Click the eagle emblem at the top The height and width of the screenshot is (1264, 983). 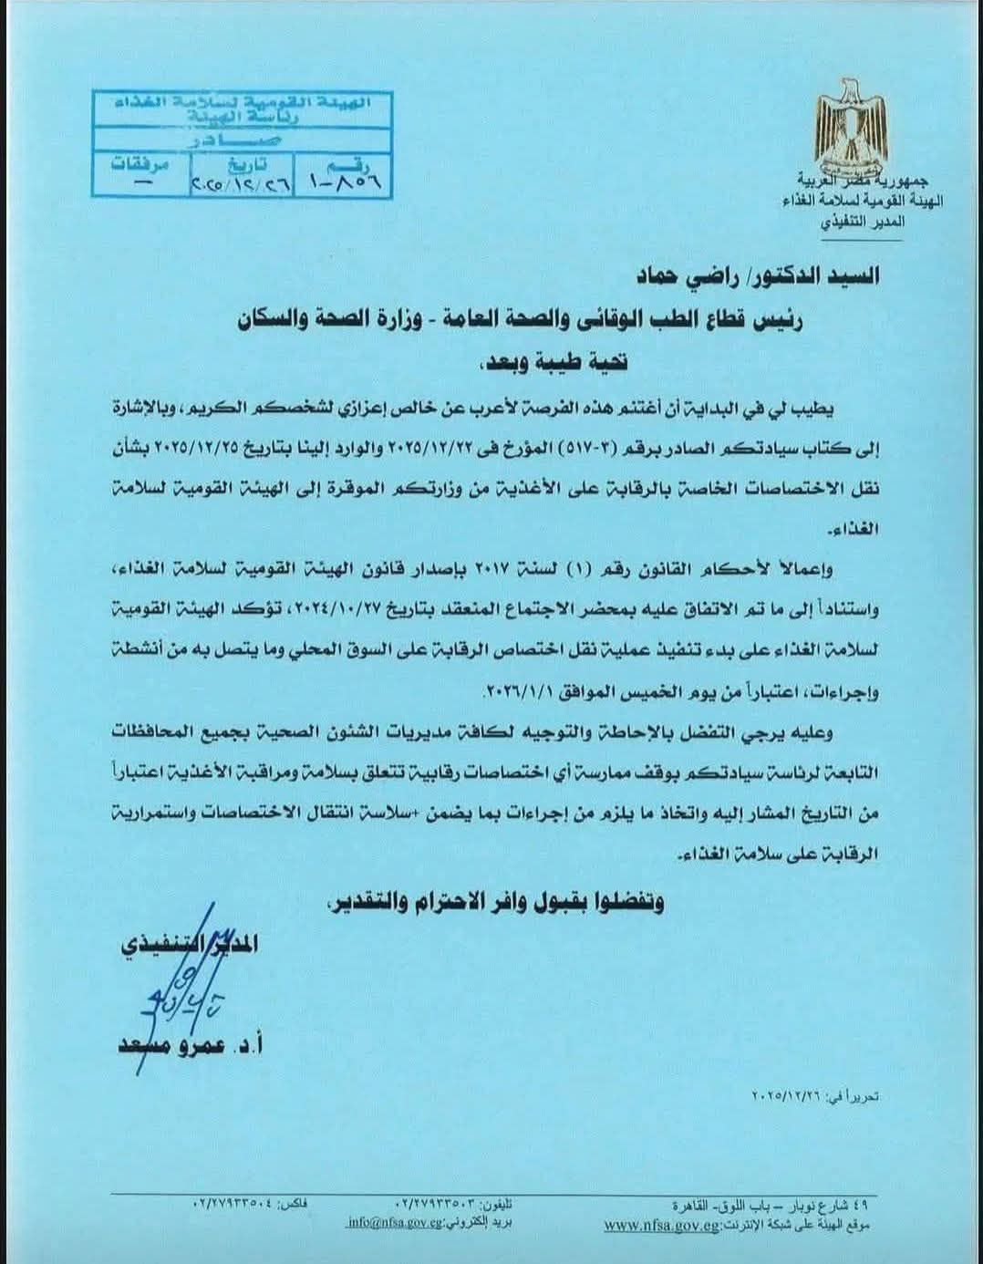[851, 125]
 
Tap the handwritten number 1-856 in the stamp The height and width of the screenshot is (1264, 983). [345, 181]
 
